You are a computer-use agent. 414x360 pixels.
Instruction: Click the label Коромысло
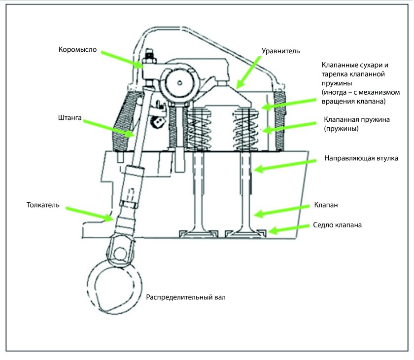[x=78, y=50]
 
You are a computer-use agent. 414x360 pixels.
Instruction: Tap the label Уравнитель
[x=280, y=51]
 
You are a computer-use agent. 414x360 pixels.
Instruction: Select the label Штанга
[x=69, y=117]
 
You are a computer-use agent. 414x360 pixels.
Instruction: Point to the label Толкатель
[x=43, y=205]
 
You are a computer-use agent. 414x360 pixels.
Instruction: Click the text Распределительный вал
[x=186, y=297]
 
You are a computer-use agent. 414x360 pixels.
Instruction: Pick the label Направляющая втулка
[x=361, y=158]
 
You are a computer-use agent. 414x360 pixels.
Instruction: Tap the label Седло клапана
[x=337, y=225]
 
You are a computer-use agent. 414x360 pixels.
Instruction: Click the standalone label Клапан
[x=326, y=205]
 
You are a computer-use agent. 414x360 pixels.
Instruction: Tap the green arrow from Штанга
[x=109, y=129]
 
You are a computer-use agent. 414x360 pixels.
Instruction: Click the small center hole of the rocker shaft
[x=179, y=83]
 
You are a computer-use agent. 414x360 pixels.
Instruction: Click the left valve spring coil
[x=199, y=130]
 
